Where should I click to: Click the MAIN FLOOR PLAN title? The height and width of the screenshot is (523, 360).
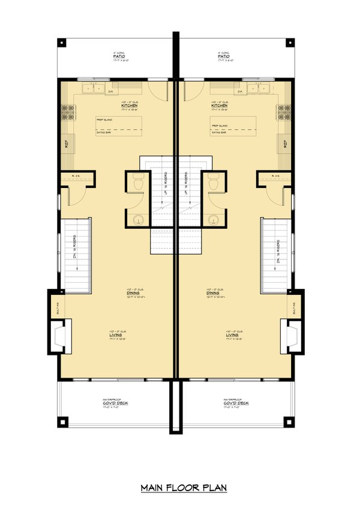pos(184,488)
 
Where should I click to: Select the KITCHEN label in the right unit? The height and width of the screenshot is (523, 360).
pos(218,106)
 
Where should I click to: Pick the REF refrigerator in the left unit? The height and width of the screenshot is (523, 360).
pos(66,145)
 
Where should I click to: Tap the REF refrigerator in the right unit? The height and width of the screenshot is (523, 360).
pos(285,145)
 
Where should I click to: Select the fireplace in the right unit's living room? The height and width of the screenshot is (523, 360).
pos(293,335)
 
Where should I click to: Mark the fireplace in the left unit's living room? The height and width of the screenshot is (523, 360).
pos(59,335)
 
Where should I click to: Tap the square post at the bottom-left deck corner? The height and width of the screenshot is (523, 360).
pos(62,422)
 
